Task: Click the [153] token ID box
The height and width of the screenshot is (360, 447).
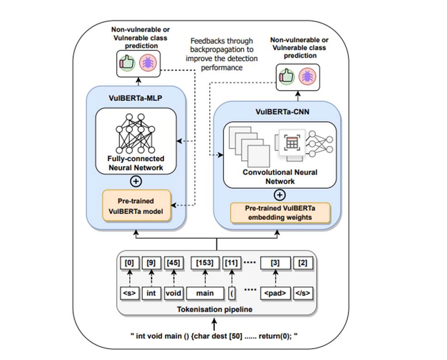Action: (x=205, y=263)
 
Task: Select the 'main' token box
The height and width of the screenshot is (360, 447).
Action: (x=205, y=293)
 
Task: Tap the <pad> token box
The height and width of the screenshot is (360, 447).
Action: (x=275, y=293)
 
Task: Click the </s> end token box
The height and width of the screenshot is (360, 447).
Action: (x=303, y=293)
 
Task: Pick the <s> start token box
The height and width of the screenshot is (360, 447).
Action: (x=129, y=293)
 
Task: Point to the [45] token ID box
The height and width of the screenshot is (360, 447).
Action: (x=174, y=263)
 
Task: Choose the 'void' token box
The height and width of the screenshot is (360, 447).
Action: (x=174, y=293)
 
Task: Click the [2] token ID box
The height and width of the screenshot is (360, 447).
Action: (x=303, y=263)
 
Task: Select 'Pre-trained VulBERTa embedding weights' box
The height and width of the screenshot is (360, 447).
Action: (x=280, y=213)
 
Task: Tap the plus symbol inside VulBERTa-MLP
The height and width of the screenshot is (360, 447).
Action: (x=136, y=181)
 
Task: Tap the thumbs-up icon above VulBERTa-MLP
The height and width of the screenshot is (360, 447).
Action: (x=126, y=63)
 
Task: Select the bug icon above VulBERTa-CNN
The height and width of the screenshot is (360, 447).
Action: (x=306, y=76)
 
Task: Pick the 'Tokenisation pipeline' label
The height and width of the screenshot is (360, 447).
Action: (x=215, y=309)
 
